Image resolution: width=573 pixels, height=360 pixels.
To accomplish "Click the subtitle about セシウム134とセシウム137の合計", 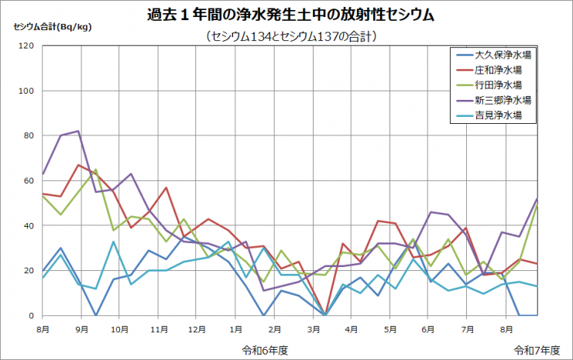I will (x=287, y=36).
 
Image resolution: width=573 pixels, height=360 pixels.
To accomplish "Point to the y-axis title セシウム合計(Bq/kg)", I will (x=52, y=26).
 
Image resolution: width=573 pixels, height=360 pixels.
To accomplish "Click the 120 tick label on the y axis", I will (x=27, y=46).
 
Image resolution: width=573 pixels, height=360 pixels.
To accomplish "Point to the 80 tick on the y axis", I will (x=29, y=135).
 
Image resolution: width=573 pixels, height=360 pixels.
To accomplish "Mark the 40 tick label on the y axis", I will (x=29, y=226).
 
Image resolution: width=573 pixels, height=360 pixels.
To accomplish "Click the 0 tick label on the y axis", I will (x=32, y=316).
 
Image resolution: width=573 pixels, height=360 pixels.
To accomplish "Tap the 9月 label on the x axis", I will (x=81, y=328).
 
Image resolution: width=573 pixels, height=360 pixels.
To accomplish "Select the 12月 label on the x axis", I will (x=196, y=328).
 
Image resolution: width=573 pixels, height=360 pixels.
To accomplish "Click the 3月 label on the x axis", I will (x=311, y=328).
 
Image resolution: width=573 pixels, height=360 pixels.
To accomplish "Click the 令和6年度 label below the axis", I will (x=265, y=349).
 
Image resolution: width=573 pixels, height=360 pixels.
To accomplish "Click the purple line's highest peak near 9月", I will (x=78, y=131).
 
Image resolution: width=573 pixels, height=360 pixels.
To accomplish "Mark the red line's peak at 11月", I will (x=166, y=187).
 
